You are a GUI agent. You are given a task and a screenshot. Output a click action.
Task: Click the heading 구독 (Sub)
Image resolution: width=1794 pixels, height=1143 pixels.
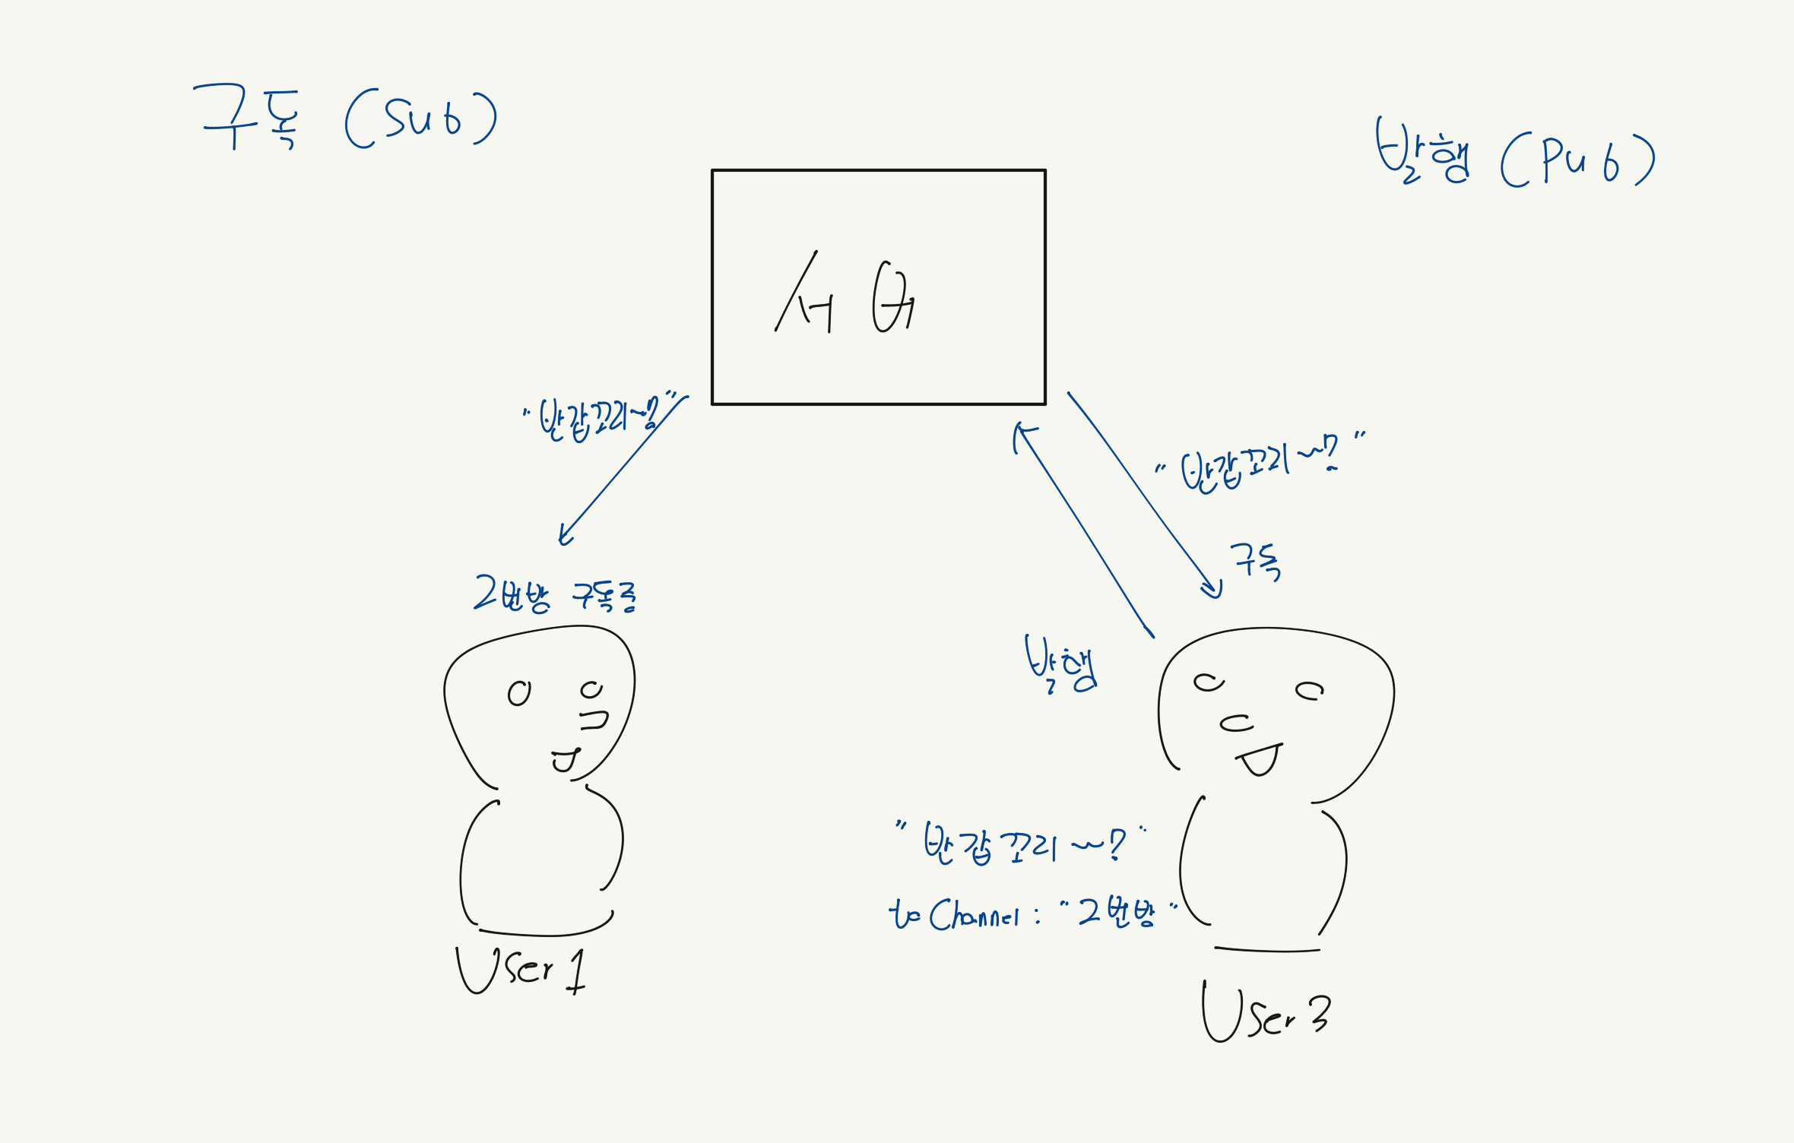click(x=346, y=118)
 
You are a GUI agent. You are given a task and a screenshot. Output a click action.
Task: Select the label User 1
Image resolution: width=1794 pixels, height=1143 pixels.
click(x=521, y=970)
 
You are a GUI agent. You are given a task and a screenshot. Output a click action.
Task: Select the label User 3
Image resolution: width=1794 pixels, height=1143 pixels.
click(x=1266, y=1013)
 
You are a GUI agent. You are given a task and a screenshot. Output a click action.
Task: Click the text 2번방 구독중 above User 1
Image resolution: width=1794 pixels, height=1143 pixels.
click(x=555, y=594)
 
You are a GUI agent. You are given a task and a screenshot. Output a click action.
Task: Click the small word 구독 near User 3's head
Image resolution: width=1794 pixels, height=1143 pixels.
click(x=1256, y=562)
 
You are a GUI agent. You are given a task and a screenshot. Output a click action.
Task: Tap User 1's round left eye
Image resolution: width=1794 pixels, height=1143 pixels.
click(x=519, y=693)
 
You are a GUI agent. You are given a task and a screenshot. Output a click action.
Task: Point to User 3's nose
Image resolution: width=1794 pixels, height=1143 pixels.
click(x=1236, y=723)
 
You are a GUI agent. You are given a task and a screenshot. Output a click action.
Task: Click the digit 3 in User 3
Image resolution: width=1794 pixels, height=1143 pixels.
click(x=1320, y=1013)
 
